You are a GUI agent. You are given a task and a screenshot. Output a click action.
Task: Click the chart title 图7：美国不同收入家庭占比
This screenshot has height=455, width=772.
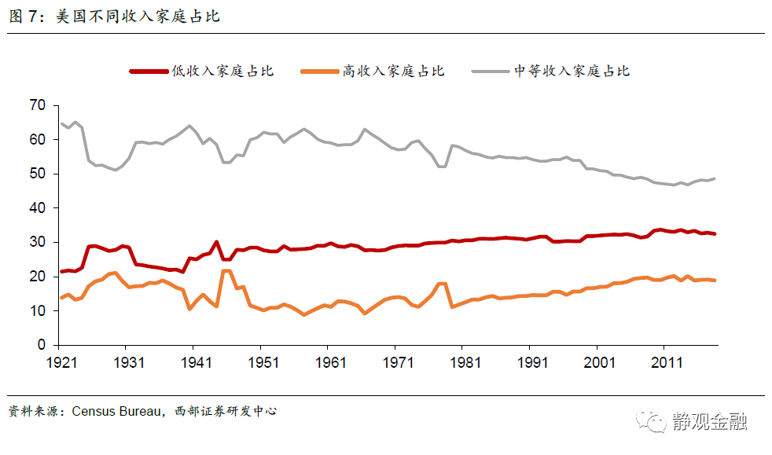[114, 17]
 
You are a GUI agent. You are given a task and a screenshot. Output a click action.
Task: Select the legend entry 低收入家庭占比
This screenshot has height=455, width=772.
[222, 71]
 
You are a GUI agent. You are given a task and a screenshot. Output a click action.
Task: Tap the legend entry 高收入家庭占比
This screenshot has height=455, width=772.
[393, 71]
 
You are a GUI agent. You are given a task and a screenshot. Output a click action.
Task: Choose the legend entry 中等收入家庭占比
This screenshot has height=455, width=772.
[572, 71]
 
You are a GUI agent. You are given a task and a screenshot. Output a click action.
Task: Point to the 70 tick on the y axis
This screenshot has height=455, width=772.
[37, 105]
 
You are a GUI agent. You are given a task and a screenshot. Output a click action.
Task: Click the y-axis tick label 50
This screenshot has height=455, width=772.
[37, 174]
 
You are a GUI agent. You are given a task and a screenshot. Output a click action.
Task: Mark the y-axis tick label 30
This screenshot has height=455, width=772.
[37, 242]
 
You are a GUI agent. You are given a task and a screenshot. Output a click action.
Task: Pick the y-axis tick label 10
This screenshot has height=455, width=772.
[37, 310]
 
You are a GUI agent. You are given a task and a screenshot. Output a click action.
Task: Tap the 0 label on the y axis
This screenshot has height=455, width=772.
[41, 345]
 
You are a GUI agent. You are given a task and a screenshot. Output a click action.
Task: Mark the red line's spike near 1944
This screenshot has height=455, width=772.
[216, 242]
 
